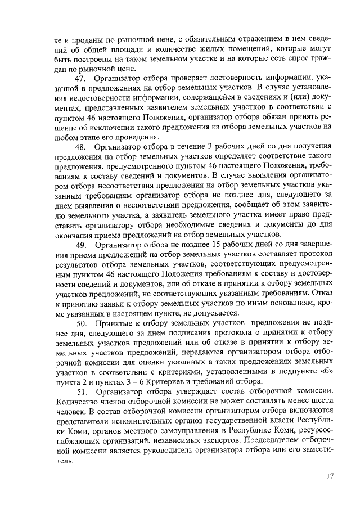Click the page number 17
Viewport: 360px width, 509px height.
click(x=330, y=476)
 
